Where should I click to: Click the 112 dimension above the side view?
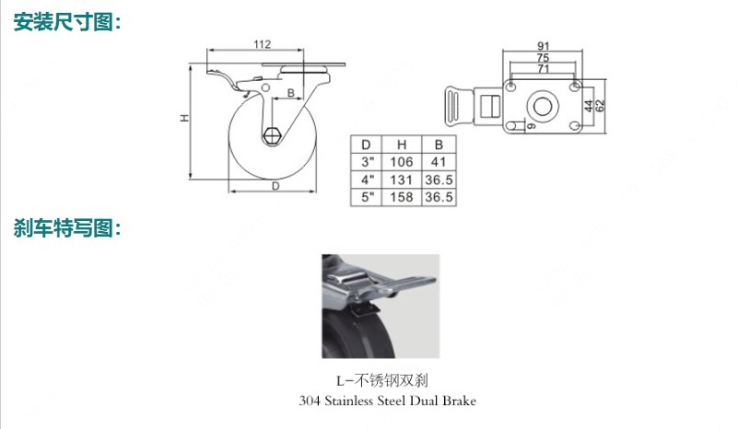coord(263,44)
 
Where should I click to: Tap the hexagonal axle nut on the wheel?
coord(272,136)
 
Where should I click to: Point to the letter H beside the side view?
coord(185,118)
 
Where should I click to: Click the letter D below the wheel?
coord(275,186)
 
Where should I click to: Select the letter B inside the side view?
coord(291,93)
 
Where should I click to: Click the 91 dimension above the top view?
coord(544,46)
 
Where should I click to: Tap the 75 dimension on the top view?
coord(544,57)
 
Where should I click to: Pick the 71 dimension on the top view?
coord(544,69)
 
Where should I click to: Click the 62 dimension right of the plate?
coord(600,106)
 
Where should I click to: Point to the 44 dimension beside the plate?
coord(590,106)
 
